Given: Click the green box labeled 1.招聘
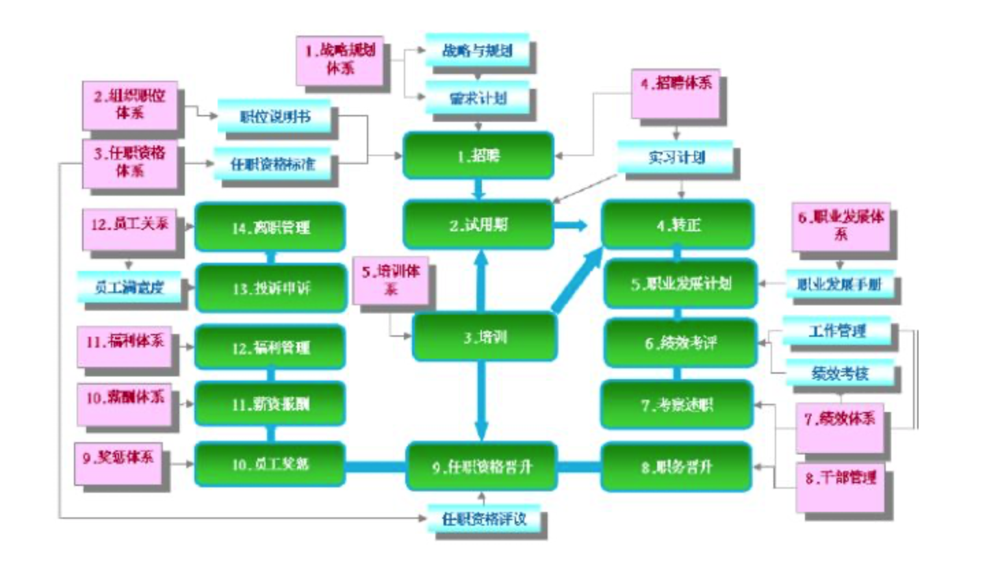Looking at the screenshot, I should click(x=478, y=155).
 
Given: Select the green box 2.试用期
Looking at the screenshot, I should click(x=478, y=224).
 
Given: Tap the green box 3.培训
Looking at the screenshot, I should click(x=484, y=337).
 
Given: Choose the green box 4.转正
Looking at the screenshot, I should click(x=678, y=224).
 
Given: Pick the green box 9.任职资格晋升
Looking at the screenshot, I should click(x=481, y=467).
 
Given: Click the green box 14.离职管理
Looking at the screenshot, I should click(x=270, y=227).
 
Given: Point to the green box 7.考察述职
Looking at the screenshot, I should click(x=677, y=404).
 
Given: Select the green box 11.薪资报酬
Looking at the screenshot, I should click(x=270, y=404).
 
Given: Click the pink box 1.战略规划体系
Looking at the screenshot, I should click(x=339, y=60).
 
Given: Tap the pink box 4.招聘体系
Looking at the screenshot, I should click(x=675, y=94).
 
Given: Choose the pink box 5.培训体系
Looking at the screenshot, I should click(x=390, y=280).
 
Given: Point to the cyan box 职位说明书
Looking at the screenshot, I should click(x=274, y=116).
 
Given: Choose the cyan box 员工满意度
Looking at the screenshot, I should click(x=129, y=286).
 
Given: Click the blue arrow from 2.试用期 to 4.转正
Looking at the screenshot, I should click(x=570, y=224).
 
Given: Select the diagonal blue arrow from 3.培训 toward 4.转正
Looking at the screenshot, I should click(x=576, y=281).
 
